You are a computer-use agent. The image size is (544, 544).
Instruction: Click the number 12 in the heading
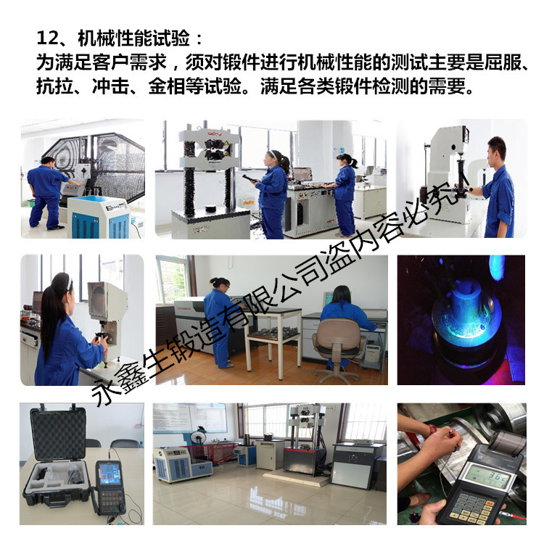point(48,38)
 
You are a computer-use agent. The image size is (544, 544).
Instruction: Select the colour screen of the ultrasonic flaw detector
point(110,474)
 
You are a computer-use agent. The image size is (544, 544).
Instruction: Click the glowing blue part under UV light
point(466,314)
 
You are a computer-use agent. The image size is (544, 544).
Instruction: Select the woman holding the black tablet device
point(272,194)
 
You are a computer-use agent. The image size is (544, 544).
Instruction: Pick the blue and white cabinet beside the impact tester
point(99,217)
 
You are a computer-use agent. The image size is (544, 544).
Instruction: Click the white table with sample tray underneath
point(273,339)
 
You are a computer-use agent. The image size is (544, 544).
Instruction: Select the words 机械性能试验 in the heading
point(134,38)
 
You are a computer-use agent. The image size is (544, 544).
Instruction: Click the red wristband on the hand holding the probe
point(432,430)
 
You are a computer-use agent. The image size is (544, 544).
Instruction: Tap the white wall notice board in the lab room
point(190,417)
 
